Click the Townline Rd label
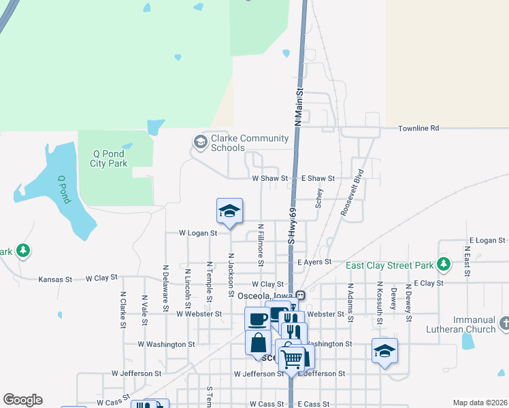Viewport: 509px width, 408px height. tap(418, 128)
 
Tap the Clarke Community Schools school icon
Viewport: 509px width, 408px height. tap(200, 142)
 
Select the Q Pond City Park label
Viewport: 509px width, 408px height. tap(110, 159)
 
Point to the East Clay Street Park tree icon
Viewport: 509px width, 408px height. tap(444, 264)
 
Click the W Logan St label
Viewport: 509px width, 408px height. tap(197, 233)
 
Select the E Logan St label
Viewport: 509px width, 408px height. tap(487, 241)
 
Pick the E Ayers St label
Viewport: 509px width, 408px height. tap(314, 261)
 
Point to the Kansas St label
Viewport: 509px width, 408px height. tap(55, 279)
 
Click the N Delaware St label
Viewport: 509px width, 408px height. tap(165, 291)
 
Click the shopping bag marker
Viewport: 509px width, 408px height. tap(259, 342)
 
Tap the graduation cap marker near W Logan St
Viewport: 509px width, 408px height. tap(230, 211)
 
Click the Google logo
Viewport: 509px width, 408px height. tap(22, 400)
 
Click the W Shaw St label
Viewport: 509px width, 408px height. tap(267, 178)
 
